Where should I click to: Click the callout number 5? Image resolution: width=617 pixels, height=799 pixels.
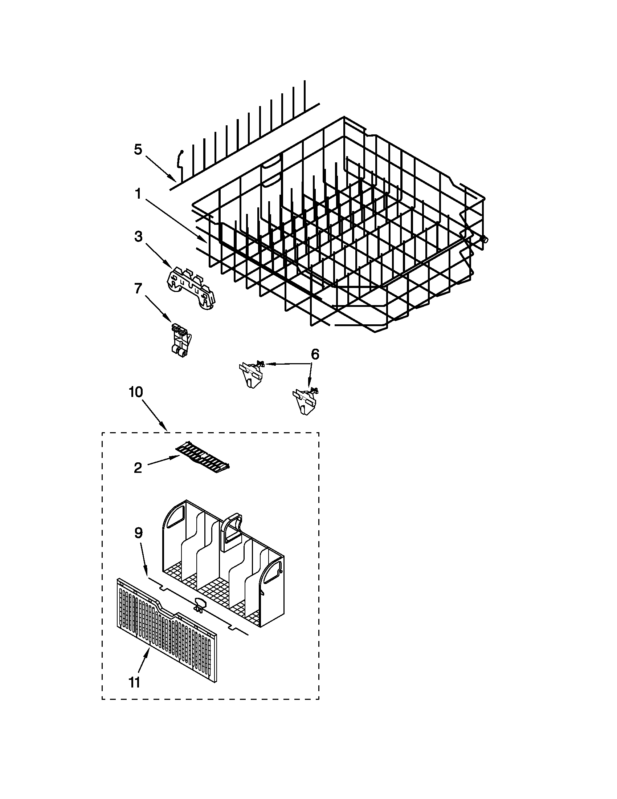pyautogui.click(x=138, y=150)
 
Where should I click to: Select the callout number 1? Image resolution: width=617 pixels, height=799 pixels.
pyautogui.click(x=138, y=194)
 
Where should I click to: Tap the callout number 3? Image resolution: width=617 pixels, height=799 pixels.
pyautogui.click(x=138, y=236)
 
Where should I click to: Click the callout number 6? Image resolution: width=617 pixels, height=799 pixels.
pyautogui.click(x=315, y=354)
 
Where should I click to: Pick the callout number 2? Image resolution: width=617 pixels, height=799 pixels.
pyautogui.click(x=138, y=467)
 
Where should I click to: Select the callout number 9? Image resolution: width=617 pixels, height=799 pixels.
pyautogui.click(x=138, y=533)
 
